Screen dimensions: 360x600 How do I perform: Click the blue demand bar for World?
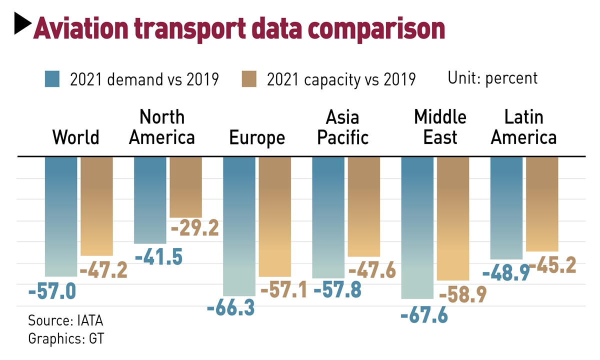point(61,216)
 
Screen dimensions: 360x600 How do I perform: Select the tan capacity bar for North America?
point(186,187)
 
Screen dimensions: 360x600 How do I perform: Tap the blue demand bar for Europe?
point(239,226)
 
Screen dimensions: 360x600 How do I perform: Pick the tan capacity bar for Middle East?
point(453,218)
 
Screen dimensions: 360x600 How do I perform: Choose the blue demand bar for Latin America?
point(506,207)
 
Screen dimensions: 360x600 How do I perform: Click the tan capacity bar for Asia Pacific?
point(364,206)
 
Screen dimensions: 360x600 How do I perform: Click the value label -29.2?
point(195,228)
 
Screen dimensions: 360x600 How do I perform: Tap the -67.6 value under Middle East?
point(424,315)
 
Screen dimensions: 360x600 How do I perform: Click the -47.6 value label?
point(372,270)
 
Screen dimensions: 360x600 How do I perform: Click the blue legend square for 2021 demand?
point(52,79)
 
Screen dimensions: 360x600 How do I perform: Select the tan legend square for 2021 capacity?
point(248,79)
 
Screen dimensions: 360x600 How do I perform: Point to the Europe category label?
point(257,137)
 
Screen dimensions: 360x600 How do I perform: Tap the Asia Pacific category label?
point(343,127)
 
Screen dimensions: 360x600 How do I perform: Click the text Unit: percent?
point(492,78)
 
